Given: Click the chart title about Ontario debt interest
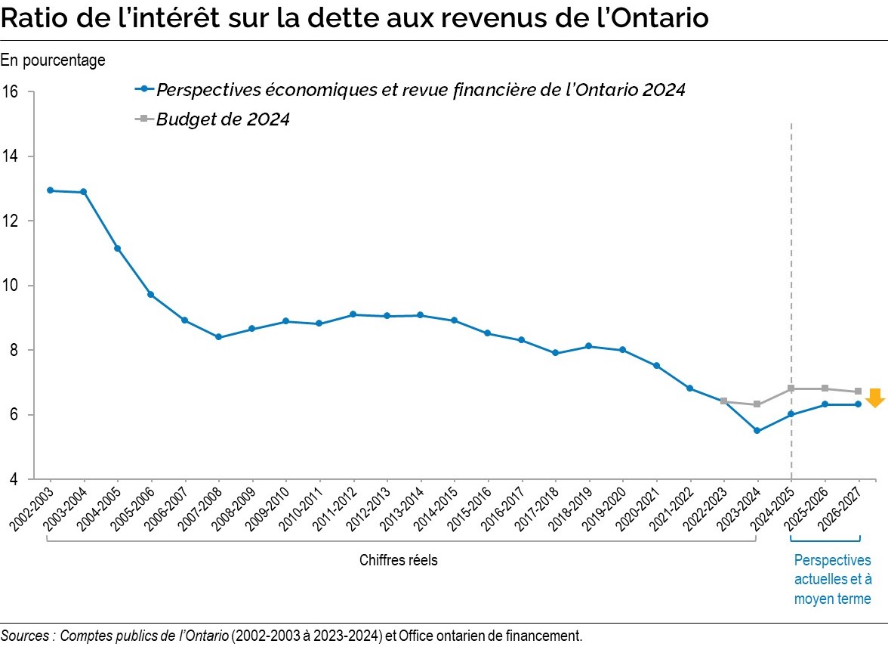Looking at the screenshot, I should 354,18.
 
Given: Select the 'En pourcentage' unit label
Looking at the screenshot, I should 53,60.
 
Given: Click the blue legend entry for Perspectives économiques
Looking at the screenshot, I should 420,89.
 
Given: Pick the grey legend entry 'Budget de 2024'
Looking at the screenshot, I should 223,119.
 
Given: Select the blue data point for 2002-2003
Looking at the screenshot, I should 50,190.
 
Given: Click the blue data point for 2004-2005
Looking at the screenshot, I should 117,248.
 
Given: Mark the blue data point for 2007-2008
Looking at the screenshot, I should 218,337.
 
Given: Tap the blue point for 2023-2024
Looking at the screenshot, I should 757,431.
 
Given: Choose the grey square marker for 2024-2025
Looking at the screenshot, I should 791,388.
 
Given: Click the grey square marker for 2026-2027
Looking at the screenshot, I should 858,392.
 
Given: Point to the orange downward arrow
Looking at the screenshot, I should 875,398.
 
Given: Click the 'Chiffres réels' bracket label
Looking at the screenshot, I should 398,560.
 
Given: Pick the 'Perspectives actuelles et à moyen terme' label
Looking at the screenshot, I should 832,580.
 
